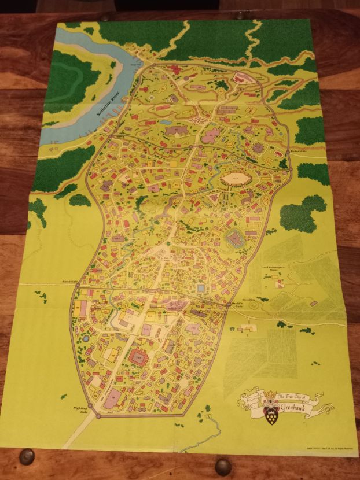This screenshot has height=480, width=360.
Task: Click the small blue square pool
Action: point(201,287)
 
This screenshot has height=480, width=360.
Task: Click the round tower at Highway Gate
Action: point(88,405)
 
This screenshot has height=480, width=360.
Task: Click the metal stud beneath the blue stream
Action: point(223,466)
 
